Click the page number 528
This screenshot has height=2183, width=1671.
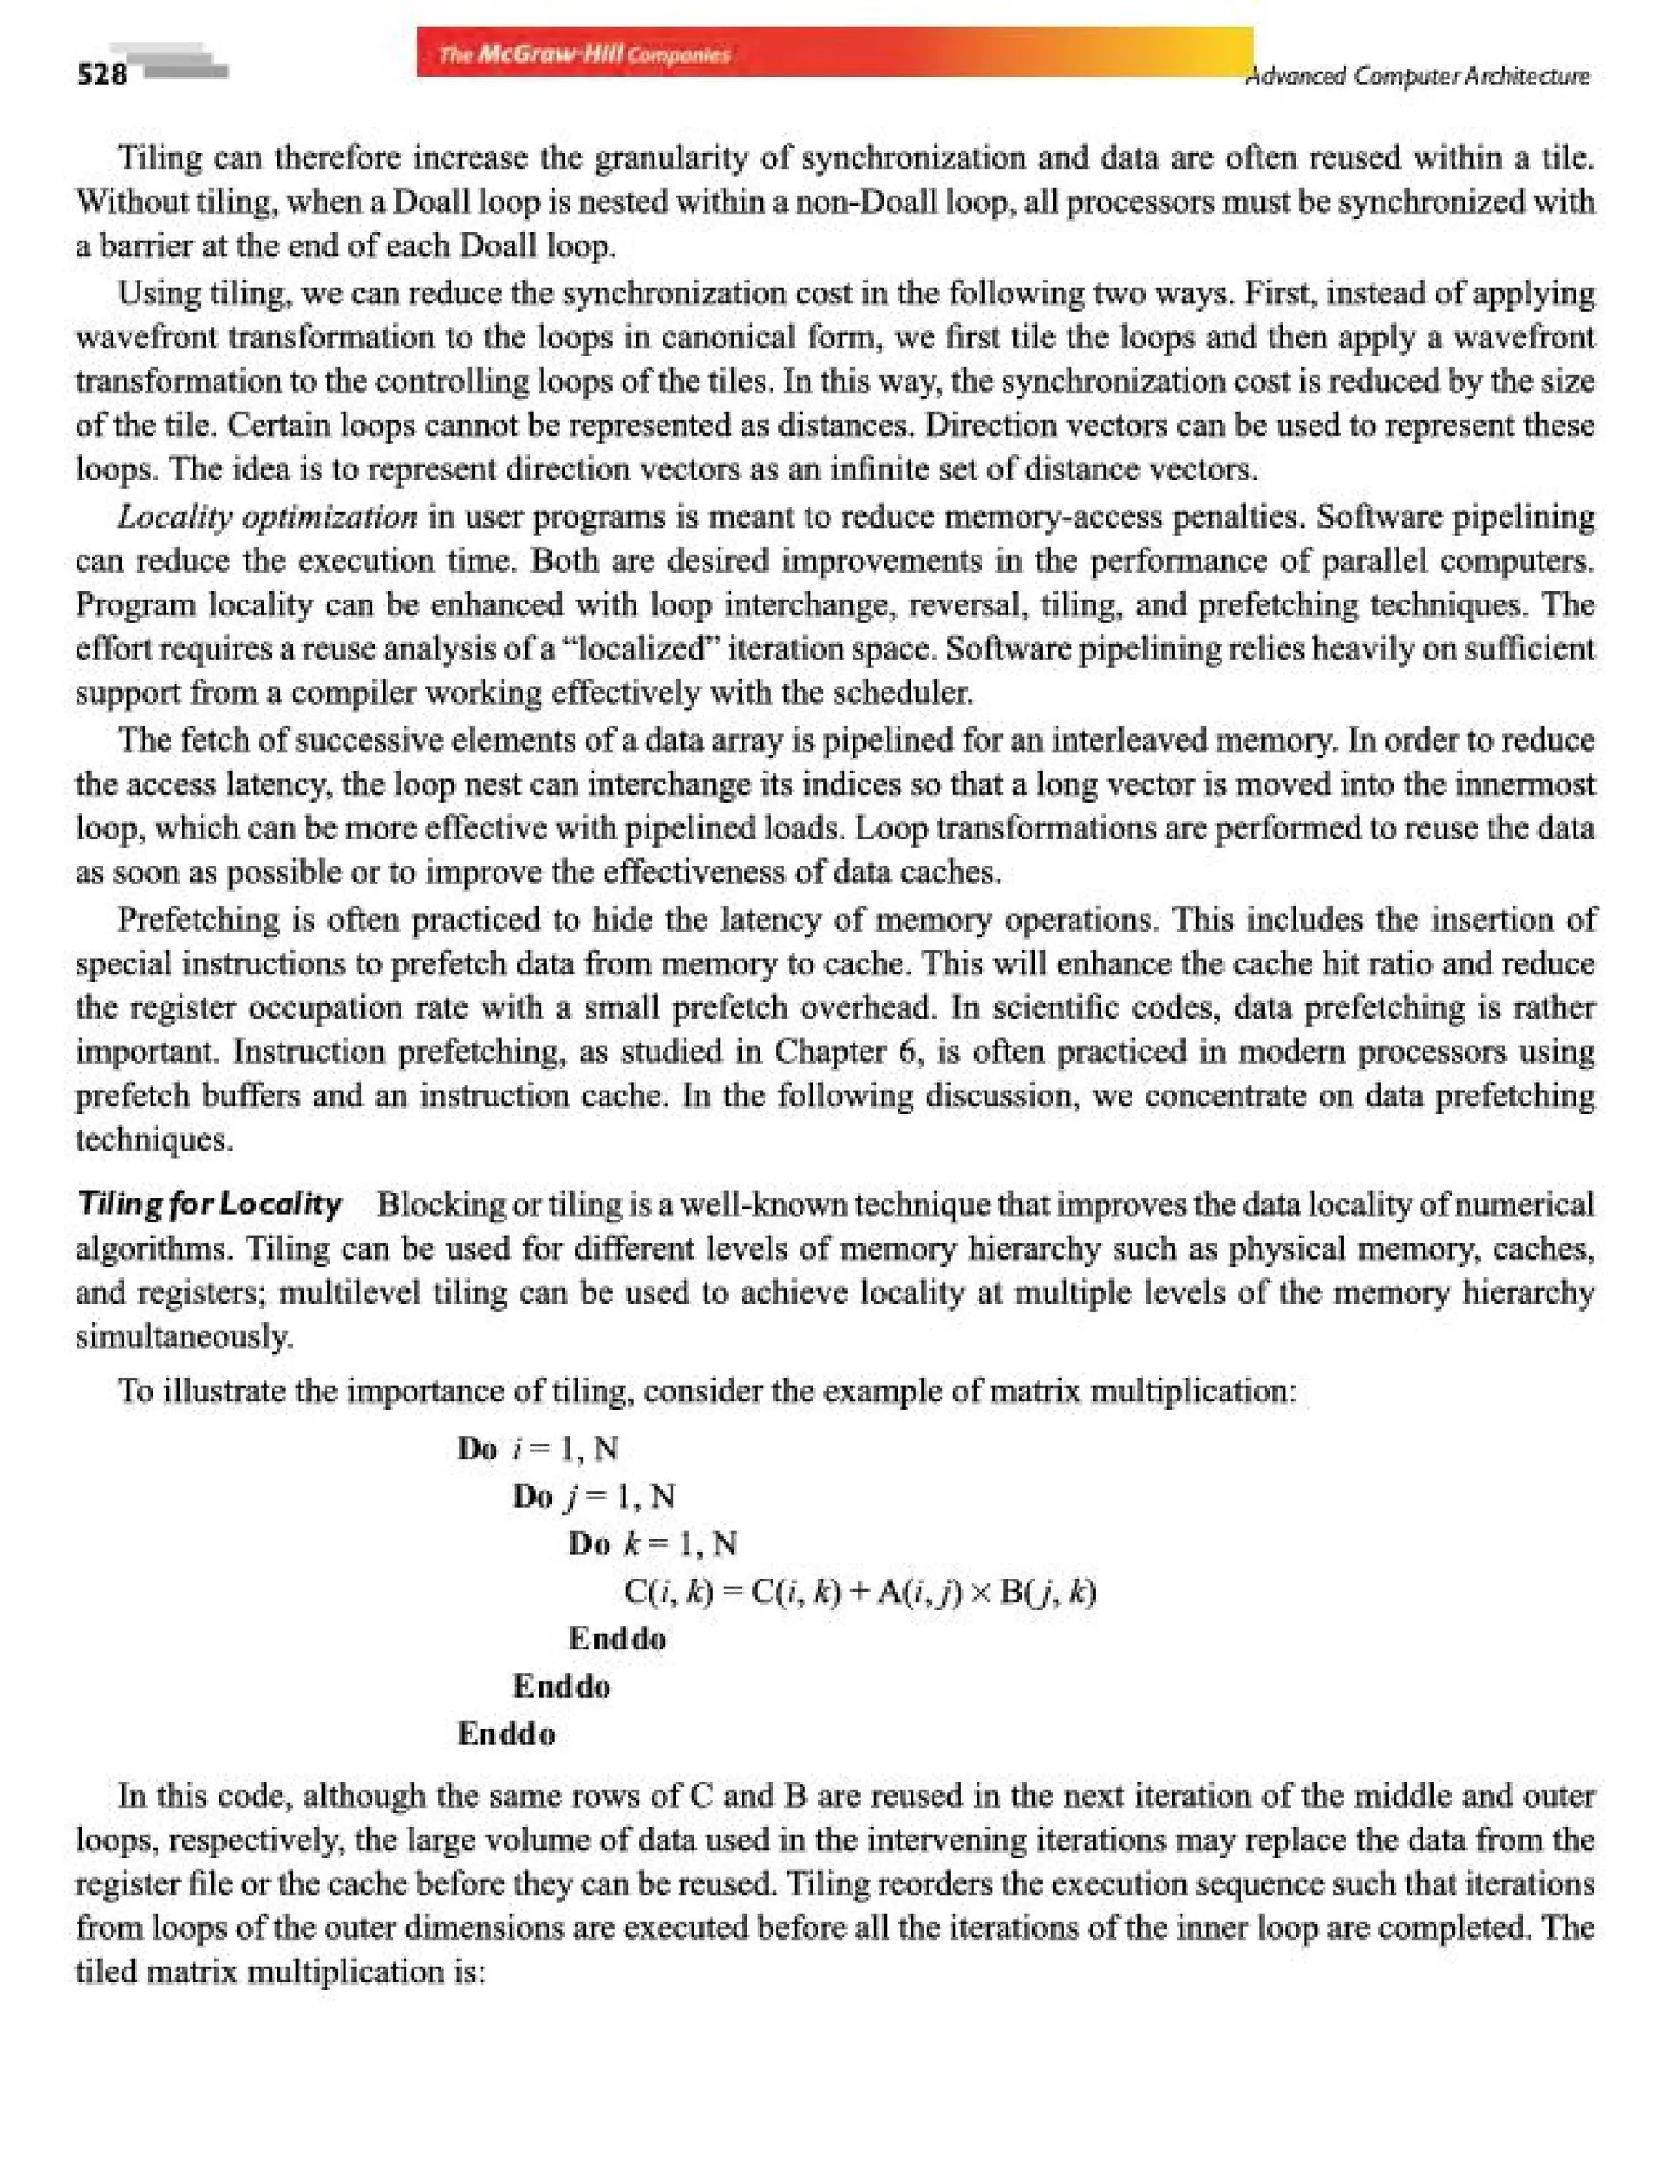point(103,74)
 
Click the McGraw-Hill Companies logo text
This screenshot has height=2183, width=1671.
point(585,54)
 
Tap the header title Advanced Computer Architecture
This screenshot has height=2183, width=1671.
point(1417,77)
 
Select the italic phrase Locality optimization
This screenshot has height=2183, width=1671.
point(268,517)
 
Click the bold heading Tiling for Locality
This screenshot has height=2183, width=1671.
point(210,1204)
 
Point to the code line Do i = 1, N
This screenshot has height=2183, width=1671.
point(537,1448)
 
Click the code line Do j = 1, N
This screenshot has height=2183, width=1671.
point(594,1496)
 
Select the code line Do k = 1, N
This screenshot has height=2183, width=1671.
point(653,1543)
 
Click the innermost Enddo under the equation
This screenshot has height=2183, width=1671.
point(617,1639)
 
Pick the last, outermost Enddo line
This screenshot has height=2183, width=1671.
point(506,1734)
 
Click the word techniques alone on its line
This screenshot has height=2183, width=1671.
point(154,1140)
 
